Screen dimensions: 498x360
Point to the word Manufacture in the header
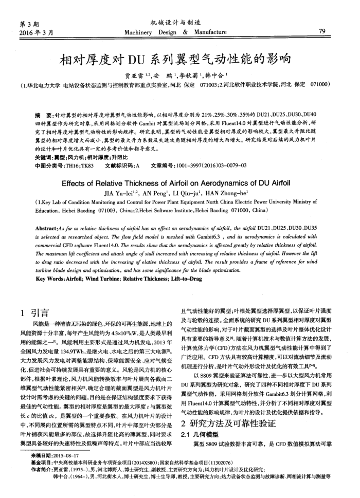click(212, 32)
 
